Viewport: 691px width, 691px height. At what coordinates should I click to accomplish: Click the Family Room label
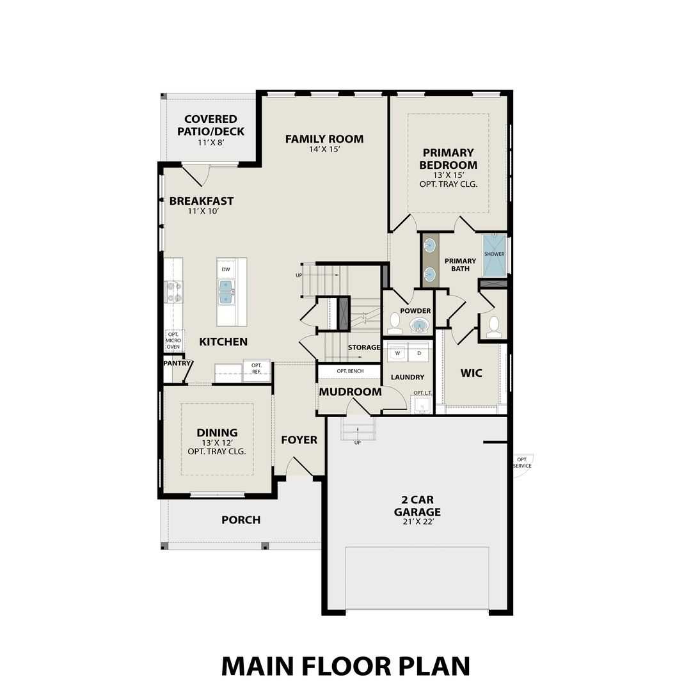(x=324, y=139)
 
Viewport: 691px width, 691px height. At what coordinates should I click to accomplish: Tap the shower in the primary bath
(x=494, y=254)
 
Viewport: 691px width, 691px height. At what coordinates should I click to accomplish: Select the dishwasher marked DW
(x=225, y=269)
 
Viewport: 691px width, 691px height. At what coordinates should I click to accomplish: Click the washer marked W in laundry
(x=397, y=353)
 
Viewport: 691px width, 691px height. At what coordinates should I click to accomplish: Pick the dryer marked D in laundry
(x=419, y=353)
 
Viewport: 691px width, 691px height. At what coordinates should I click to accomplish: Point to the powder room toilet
(x=395, y=324)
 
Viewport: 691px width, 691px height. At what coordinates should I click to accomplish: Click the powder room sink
(x=419, y=326)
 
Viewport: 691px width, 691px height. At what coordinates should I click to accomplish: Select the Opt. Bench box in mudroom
(x=350, y=371)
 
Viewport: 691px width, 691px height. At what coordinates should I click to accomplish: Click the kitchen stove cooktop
(x=173, y=292)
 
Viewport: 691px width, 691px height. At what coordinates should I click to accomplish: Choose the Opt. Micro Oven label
(x=173, y=340)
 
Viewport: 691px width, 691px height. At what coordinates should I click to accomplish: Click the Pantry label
(x=177, y=363)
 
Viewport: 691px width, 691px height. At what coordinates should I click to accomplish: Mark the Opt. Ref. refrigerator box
(x=256, y=370)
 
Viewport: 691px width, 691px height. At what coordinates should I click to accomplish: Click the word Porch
(x=241, y=520)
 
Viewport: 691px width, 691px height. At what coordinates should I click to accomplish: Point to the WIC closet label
(x=472, y=373)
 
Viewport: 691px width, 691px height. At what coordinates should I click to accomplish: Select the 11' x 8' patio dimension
(x=210, y=143)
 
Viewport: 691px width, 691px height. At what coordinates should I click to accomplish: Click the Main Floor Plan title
(x=345, y=665)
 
